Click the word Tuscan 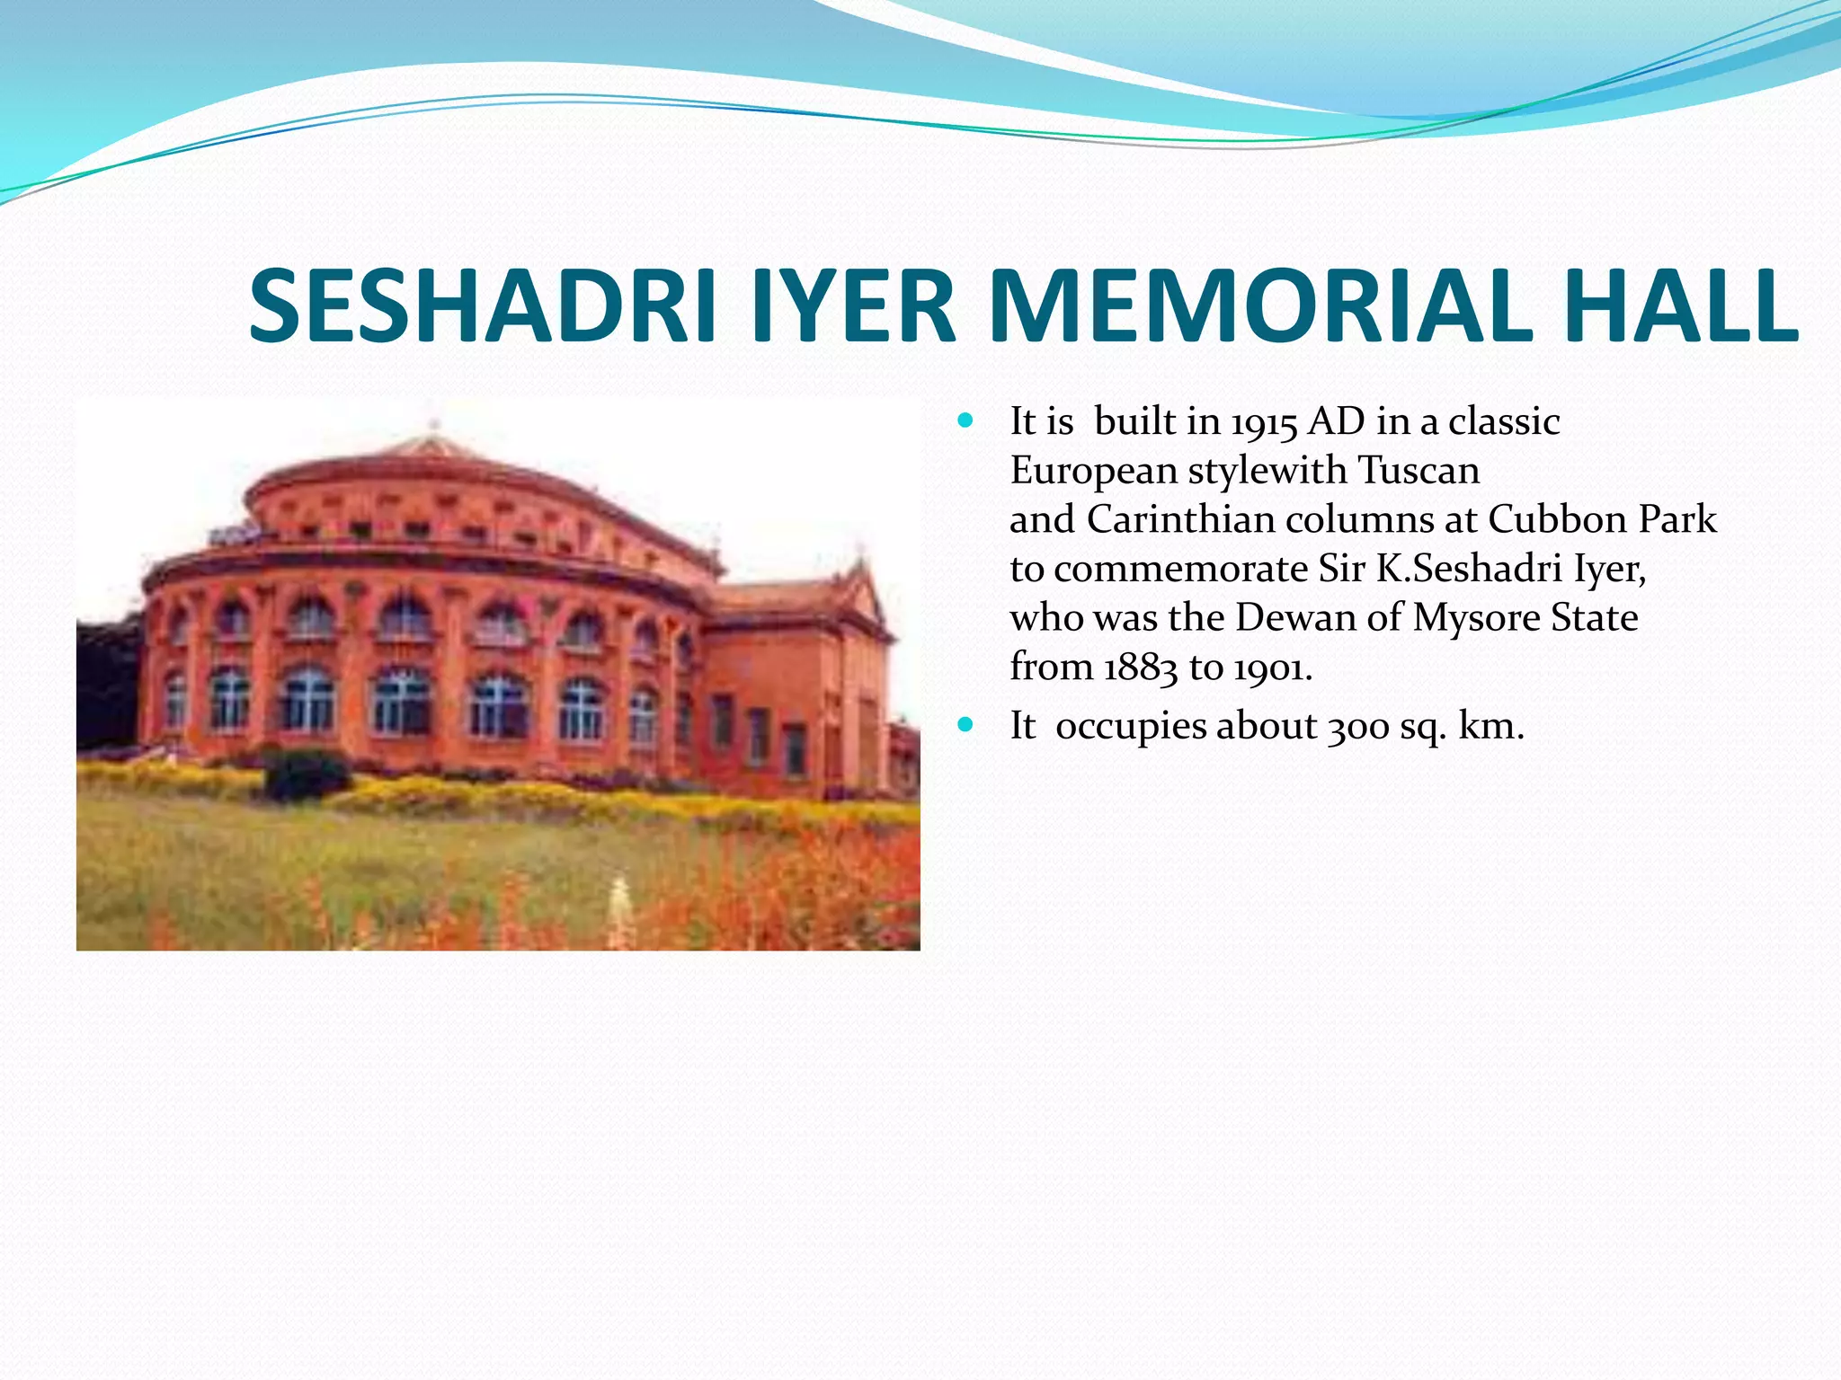[1418, 471]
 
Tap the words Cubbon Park [1602, 520]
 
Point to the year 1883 [1140, 668]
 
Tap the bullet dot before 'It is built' [966, 420]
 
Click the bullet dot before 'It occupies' [966, 724]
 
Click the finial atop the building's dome [435, 425]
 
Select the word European [1093, 471]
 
